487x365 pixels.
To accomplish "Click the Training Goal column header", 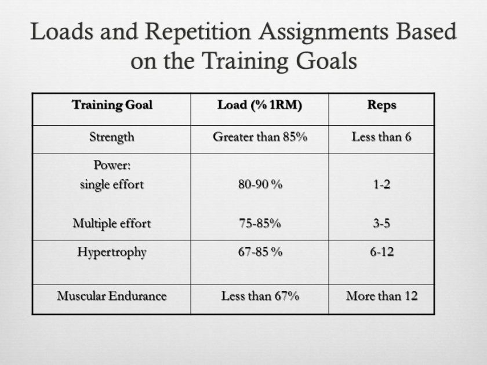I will (111, 105).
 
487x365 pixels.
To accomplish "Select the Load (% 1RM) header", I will (259, 105).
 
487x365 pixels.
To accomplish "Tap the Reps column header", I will (381, 105).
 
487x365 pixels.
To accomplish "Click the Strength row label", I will (111, 137).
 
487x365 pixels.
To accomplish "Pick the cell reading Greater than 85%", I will (259, 137).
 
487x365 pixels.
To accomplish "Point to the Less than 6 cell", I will (381, 137).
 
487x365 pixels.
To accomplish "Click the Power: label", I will (111, 165).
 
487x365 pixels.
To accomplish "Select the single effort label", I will (111, 185).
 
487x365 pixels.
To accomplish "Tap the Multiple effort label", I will (111, 223).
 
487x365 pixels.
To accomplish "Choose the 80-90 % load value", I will (259, 185).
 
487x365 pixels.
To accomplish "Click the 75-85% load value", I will (259, 223).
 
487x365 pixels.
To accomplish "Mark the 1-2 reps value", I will (381, 185).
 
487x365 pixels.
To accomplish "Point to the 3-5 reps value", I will (381, 223).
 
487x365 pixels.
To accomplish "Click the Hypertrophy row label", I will (111, 253).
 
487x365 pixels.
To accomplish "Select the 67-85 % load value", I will (259, 253).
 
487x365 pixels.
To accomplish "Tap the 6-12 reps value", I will (381, 253).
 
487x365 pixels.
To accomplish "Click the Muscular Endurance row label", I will (111, 296).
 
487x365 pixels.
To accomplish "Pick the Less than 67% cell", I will (259, 296).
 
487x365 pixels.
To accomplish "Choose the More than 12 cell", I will (381, 296).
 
